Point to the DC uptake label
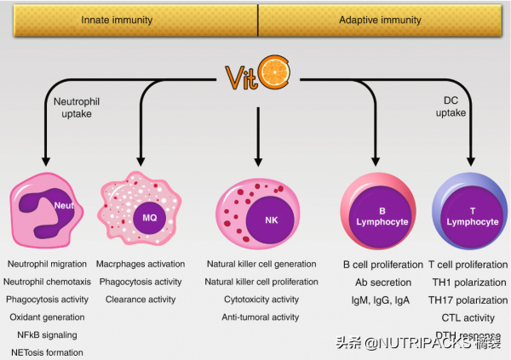tap(451, 106)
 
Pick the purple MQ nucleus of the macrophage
tap(148, 218)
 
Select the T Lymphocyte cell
tap(470, 215)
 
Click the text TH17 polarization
tap(467, 300)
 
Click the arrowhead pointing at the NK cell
tap(257, 162)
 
